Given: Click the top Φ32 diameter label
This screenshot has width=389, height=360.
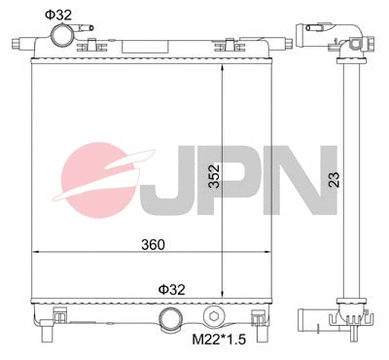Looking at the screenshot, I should pyautogui.click(x=58, y=13).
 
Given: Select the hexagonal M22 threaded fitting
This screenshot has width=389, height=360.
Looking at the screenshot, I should pyautogui.click(x=214, y=317).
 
